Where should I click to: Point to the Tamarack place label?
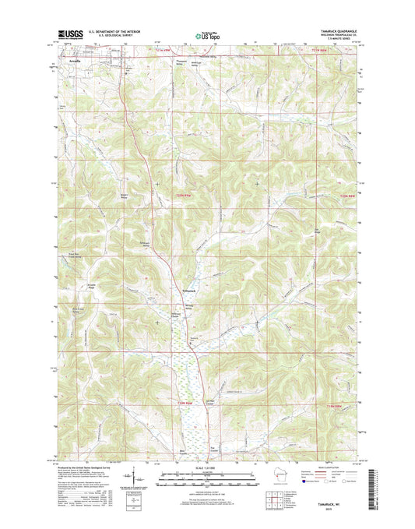[x=180, y=291]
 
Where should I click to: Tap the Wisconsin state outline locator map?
[x=253, y=476]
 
